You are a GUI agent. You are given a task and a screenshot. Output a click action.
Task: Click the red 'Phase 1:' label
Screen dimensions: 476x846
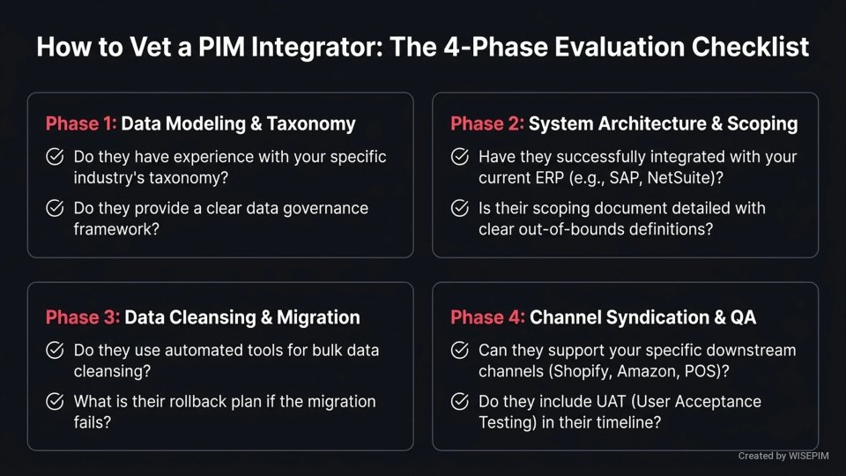pyautogui.click(x=81, y=124)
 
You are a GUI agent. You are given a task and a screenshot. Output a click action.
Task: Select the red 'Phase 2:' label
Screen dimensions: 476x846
pyautogui.click(x=487, y=124)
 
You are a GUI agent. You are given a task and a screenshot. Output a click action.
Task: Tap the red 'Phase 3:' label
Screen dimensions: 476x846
pyautogui.click(x=82, y=317)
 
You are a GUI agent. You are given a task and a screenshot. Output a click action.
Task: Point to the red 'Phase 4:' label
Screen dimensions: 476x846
pyautogui.click(x=487, y=317)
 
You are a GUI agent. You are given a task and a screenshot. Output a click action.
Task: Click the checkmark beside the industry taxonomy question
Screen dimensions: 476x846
pyautogui.click(x=55, y=158)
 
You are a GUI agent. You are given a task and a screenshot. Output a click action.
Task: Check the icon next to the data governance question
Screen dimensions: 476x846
pyautogui.click(x=55, y=209)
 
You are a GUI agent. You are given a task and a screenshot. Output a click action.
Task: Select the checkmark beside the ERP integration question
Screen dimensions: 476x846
pyautogui.click(x=459, y=158)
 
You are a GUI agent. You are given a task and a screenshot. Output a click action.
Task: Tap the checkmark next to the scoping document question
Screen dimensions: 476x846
pyautogui.click(x=459, y=209)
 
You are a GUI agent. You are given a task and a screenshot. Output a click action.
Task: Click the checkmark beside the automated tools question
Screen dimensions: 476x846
pyautogui.click(x=55, y=350)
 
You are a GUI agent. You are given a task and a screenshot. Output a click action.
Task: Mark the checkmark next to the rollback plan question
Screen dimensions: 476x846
pyautogui.click(x=55, y=402)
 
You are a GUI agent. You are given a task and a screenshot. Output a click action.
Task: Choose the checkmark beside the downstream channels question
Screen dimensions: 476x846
pyautogui.click(x=459, y=350)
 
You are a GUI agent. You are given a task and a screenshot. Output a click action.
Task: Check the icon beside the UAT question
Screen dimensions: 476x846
pyautogui.click(x=459, y=402)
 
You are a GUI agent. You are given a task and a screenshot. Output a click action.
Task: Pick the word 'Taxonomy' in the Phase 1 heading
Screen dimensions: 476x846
pyautogui.click(x=313, y=124)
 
